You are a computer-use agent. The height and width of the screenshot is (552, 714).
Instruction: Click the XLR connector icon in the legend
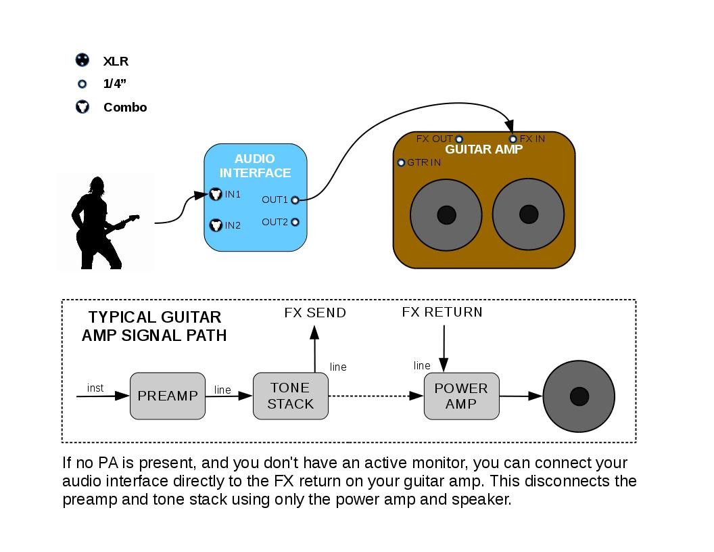pyautogui.click(x=82, y=60)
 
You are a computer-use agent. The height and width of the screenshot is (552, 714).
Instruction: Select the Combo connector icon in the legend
pyautogui.click(x=82, y=107)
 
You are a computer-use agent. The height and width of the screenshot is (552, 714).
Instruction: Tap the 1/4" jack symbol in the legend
pyautogui.click(x=82, y=85)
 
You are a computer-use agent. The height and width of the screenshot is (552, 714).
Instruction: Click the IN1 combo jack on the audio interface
pyautogui.click(x=216, y=194)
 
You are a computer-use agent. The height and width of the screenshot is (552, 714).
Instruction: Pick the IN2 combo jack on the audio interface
pyautogui.click(x=216, y=225)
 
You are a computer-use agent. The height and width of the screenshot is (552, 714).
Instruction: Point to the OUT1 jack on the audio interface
pyautogui.click(x=295, y=200)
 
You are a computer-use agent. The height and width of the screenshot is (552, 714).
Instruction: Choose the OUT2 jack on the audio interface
pyautogui.click(x=295, y=222)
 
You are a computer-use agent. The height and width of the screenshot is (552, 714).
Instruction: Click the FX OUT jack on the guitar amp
pyautogui.click(x=459, y=139)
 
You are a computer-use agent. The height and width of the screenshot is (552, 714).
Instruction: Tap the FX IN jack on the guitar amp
pyautogui.click(x=513, y=139)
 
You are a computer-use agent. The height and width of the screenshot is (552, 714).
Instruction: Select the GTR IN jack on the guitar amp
pyautogui.click(x=402, y=163)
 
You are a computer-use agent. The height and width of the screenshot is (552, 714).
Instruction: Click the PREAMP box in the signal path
pyautogui.click(x=167, y=396)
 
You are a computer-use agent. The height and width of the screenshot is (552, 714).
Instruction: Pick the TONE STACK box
pyautogui.click(x=290, y=396)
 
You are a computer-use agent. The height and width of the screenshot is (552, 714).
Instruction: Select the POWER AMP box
pyautogui.click(x=461, y=396)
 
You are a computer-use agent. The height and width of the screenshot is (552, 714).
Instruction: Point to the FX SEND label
pyautogui.click(x=314, y=313)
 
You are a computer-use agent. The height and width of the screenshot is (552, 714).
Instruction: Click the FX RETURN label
pyautogui.click(x=442, y=312)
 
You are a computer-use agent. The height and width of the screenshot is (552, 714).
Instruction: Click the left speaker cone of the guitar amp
pyautogui.click(x=446, y=214)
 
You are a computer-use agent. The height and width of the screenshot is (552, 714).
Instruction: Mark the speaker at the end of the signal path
pyautogui.click(x=579, y=396)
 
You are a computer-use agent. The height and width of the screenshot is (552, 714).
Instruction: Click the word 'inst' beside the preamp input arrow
pyautogui.click(x=95, y=388)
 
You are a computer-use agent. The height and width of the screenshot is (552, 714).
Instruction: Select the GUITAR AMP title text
pyautogui.click(x=483, y=149)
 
